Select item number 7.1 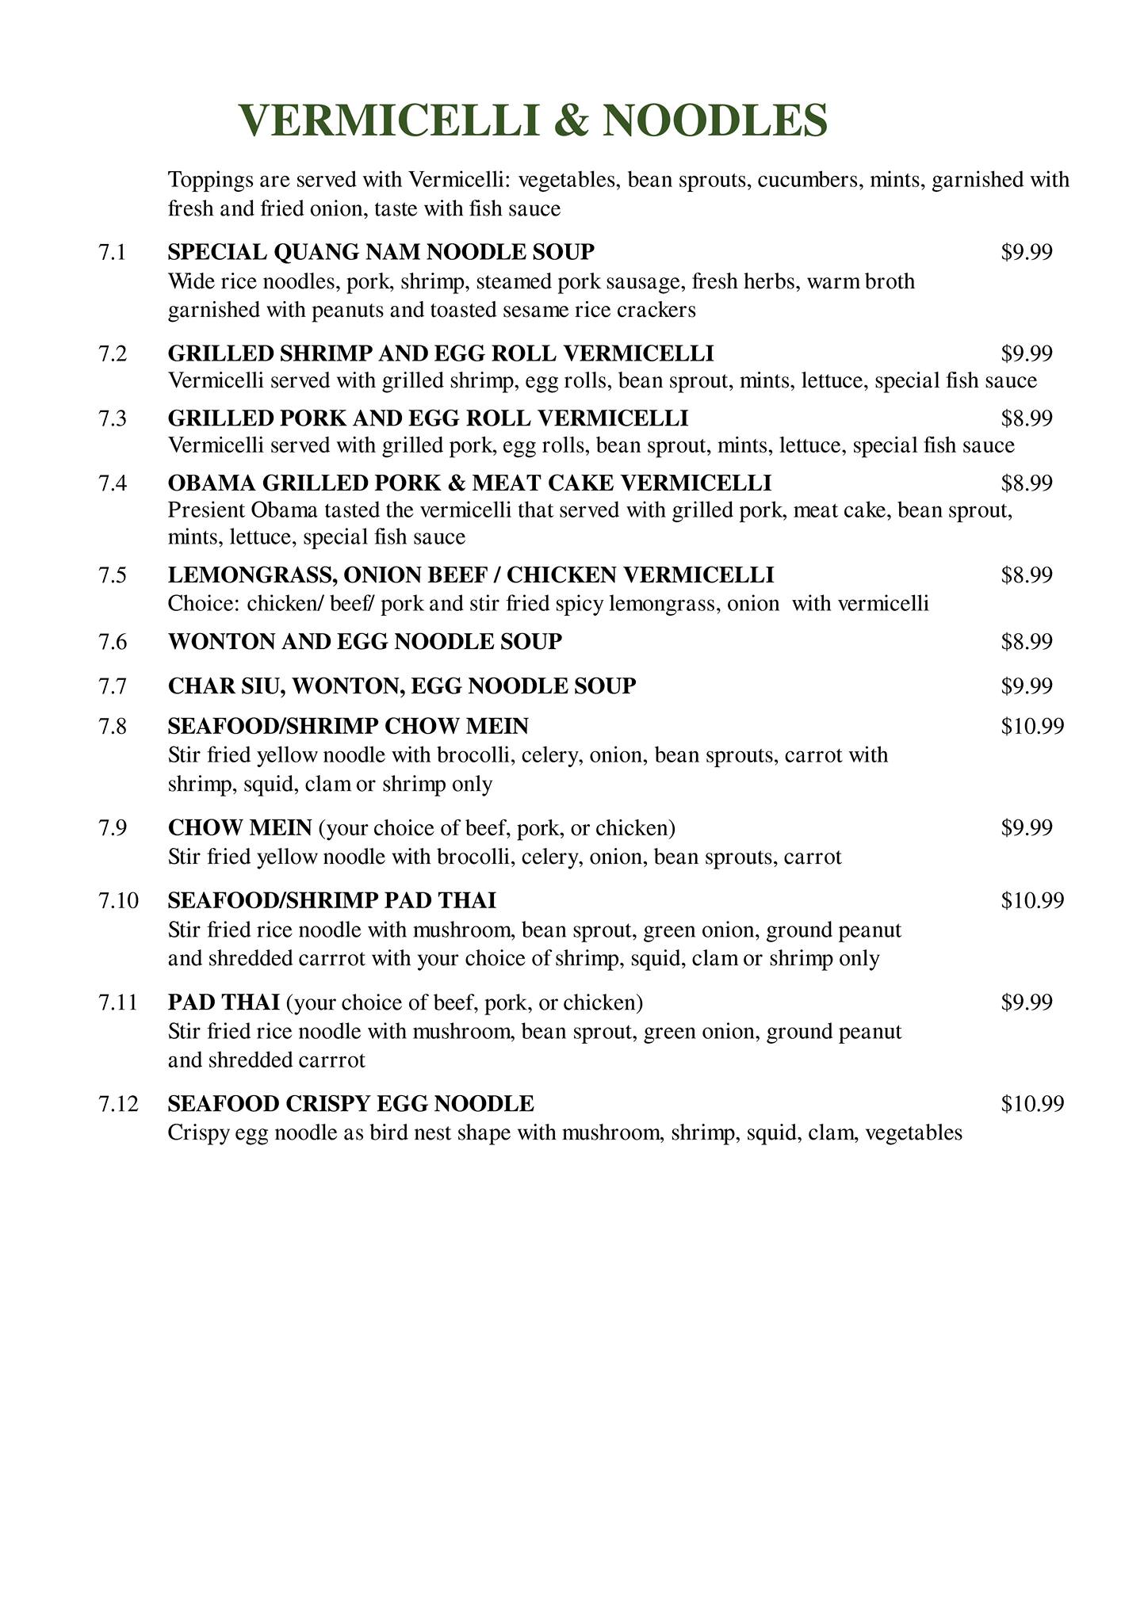pos(113,252)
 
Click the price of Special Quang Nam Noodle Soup pos(1027,252)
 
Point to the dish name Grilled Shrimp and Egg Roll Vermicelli pos(441,353)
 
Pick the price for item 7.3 pos(1027,418)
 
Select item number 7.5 pos(113,575)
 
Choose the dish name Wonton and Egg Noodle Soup pos(365,641)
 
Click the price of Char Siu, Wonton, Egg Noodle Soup pos(1027,685)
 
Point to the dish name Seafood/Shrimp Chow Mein pos(348,726)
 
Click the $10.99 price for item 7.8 pos(1032,726)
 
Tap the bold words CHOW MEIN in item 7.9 pos(239,828)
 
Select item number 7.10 pos(118,900)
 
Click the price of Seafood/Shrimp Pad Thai pos(1032,900)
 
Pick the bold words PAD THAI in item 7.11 pos(224,1002)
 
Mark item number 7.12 pos(118,1103)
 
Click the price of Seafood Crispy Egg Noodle pos(1032,1103)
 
